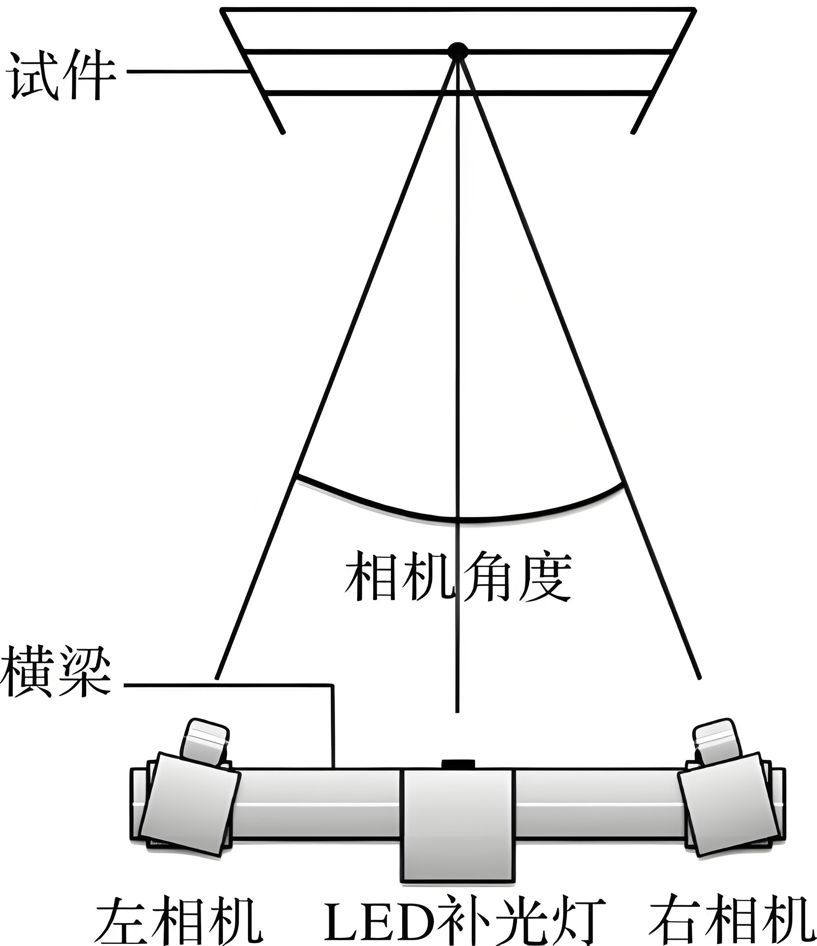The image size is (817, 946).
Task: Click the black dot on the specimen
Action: pos(457,50)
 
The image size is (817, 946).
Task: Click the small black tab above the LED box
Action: pos(458,763)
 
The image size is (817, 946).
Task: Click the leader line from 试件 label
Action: pos(187,71)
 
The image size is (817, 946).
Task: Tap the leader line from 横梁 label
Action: pos(228,685)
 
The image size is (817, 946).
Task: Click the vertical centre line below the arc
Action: pos(457,662)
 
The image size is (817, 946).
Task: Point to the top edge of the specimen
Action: pos(457,9)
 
